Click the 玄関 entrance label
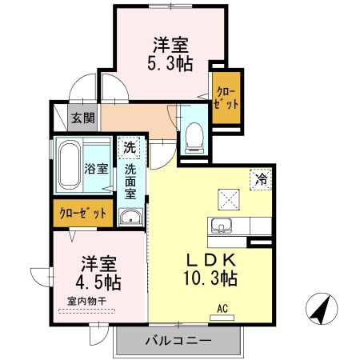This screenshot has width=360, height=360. click(x=82, y=118)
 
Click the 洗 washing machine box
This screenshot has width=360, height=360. click(x=130, y=147)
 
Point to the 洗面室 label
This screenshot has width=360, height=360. click(x=130, y=182)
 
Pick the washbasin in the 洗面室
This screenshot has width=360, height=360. click(x=130, y=216)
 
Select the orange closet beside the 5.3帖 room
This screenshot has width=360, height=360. click(x=226, y=100)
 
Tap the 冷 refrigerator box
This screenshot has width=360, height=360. click(x=261, y=180)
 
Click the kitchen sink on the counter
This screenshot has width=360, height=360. click(x=222, y=225)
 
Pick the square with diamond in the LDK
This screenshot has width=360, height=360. click(x=228, y=196)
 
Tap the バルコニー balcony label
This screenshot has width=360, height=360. click(x=177, y=342)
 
